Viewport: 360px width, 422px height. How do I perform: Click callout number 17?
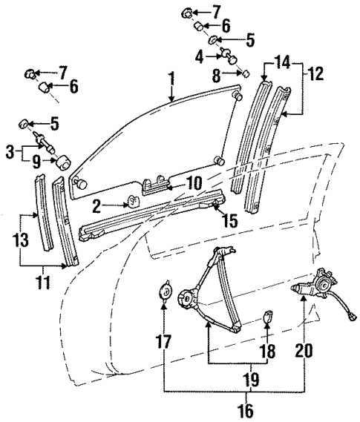163,342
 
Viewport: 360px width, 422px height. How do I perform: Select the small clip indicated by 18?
269,320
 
